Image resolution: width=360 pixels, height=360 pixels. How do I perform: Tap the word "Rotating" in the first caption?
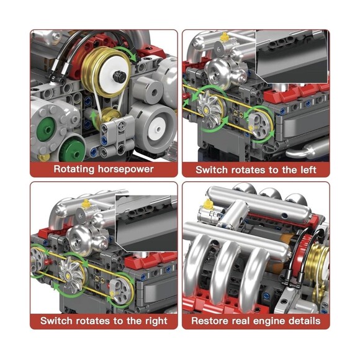click(74, 169)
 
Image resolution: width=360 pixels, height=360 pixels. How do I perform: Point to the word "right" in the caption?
click(153, 321)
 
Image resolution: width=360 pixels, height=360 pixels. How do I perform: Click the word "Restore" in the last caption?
click(211, 321)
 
